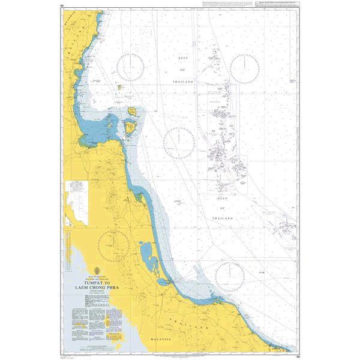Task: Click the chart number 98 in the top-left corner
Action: coord(62,7)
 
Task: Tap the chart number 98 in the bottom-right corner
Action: coord(298,355)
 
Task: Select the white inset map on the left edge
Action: coord(76,203)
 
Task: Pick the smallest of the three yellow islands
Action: coord(120,87)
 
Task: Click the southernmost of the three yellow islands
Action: coord(129,127)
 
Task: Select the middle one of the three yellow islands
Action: coord(133,111)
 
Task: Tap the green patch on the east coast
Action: coord(139,194)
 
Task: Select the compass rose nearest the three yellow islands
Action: coord(130,67)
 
